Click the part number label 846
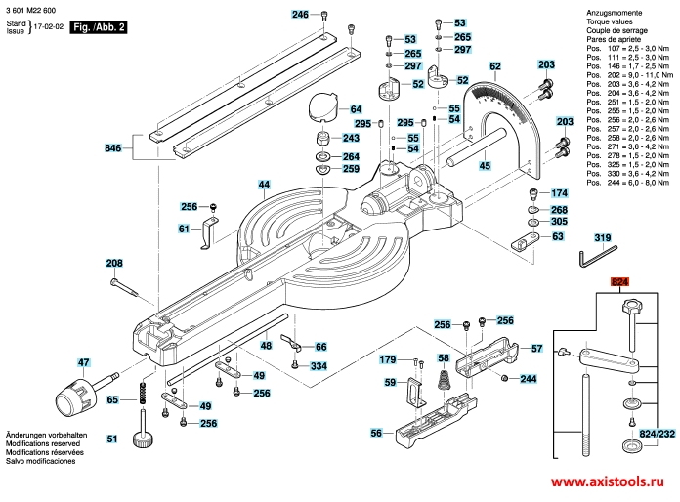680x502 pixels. (113, 149)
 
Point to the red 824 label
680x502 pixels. (619, 283)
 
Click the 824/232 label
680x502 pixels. (657, 432)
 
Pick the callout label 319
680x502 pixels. (603, 237)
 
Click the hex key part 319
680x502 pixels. (589, 259)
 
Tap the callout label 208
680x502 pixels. (114, 264)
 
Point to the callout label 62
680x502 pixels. (494, 66)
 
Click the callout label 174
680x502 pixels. (559, 192)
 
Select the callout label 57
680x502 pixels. (535, 348)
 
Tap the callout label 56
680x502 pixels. (376, 433)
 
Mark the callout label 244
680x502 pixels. (529, 378)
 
